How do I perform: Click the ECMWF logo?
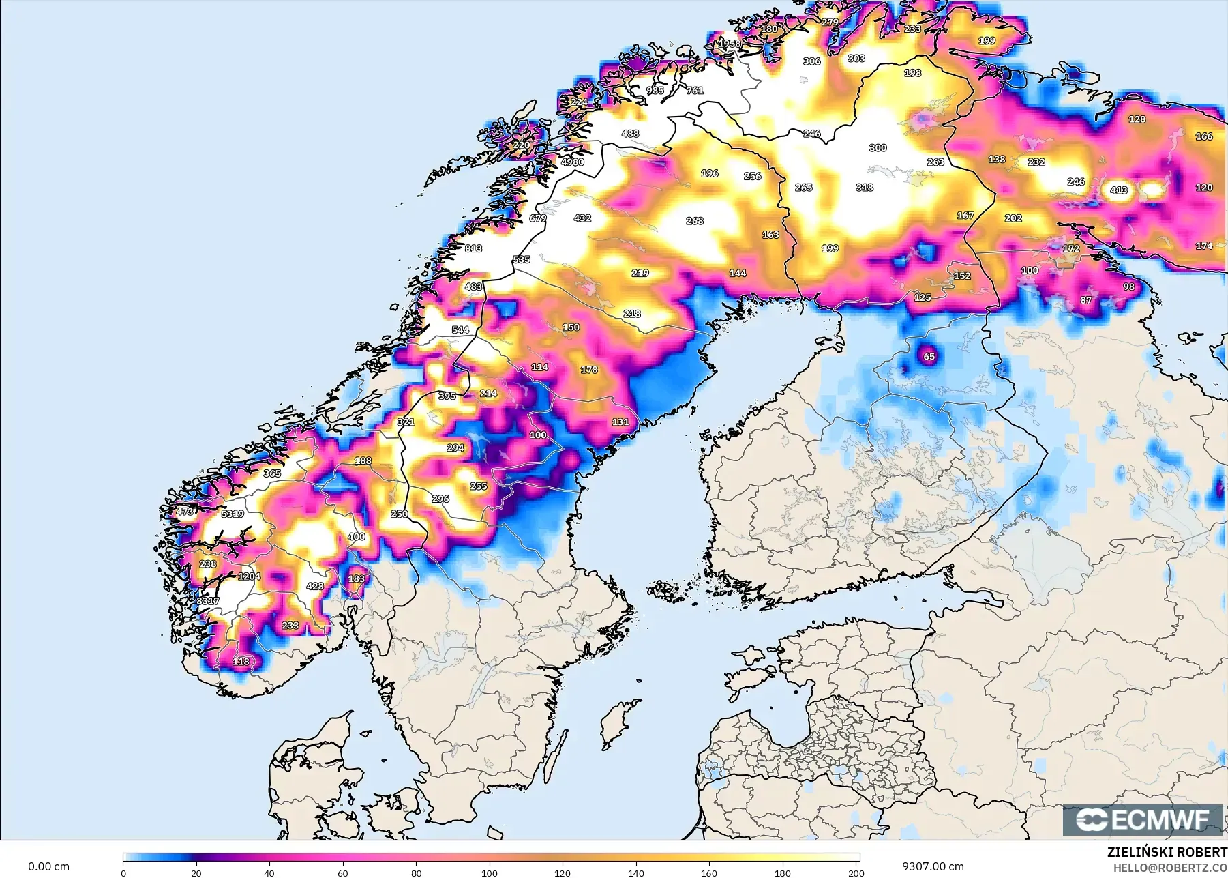click(1143, 819)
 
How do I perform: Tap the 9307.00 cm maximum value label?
click(933, 866)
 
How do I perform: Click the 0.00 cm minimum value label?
click(48, 866)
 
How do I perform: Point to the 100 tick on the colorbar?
click(489, 873)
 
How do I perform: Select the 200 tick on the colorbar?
click(856, 873)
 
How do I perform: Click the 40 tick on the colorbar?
click(269, 873)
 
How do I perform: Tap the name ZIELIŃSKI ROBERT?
click(1167, 852)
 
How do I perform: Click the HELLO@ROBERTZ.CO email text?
click(1170, 868)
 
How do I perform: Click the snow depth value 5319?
click(233, 514)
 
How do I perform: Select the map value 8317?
click(208, 601)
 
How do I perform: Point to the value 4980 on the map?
click(573, 162)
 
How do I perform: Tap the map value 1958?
click(730, 44)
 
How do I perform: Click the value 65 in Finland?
click(929, 356)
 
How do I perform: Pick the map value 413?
click(1118, 190)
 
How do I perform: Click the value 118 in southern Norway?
click(241, 661)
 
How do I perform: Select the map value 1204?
click(249, 576)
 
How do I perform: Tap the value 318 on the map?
click(865, 187)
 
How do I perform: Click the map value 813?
click(473, 248)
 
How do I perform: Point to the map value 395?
click(447, 396)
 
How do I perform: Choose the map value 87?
click(1085, 300)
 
